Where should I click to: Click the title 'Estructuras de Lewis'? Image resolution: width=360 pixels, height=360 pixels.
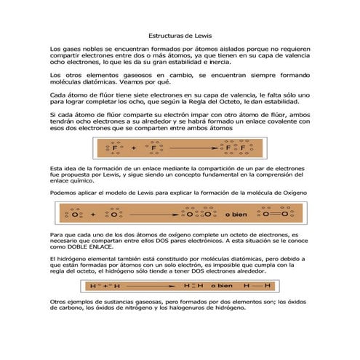tap(180, 34)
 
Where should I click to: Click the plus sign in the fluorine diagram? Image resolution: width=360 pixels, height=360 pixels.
tap(134, 148)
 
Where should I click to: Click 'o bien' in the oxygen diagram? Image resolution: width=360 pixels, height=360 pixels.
tap(236, 215)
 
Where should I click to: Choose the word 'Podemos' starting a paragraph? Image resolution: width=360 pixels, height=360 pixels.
tap(64, 191)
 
